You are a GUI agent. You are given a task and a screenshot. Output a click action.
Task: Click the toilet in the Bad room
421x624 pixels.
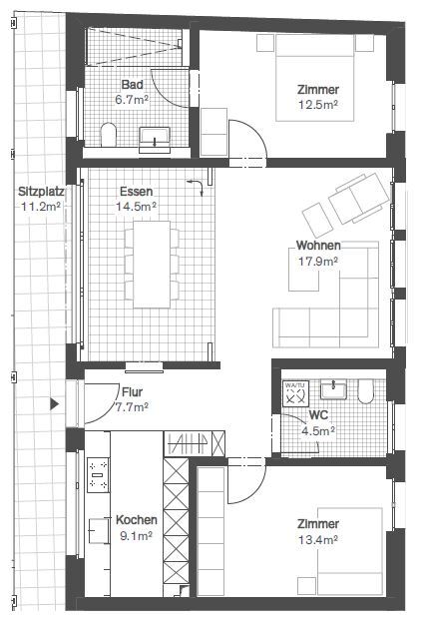tap(108, 135)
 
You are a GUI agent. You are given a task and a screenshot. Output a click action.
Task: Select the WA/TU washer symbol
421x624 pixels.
tap(295, 394)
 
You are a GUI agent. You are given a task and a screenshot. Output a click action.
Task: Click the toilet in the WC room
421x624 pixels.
tap(366, 390)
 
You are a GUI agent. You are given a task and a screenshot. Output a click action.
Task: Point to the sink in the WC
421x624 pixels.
tap(333, 389)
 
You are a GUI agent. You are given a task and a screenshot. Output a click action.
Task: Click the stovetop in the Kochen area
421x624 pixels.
tap(98, 475)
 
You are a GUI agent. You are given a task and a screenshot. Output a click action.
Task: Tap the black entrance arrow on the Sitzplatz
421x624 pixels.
tap(55, 404)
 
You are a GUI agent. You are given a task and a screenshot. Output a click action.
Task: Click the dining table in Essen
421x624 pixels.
tap(152, 265)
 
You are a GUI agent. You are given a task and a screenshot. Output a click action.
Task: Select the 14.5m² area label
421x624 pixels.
tap(136, 207)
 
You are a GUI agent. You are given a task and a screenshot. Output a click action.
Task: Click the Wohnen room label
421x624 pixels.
tap(318, 246)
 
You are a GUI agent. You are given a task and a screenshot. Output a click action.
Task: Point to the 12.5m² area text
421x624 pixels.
tap(318, 105)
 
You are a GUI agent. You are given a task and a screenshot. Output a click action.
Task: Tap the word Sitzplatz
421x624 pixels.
tap(41, 192)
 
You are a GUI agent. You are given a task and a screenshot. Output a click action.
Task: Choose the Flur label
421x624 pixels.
tap(132, 392)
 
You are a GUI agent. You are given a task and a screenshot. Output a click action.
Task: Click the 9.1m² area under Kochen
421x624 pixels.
tap(136, 536)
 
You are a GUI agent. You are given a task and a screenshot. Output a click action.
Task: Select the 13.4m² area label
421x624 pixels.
tap(318, 540)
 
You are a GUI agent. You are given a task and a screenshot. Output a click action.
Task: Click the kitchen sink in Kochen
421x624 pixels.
tap(98, 531)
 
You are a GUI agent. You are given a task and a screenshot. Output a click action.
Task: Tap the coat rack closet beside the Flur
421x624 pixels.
tap(195, 443)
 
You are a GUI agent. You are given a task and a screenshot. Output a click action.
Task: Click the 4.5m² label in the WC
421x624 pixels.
tap(318, 431)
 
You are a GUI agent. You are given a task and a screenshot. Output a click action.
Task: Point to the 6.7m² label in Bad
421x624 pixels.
tap(132, 100)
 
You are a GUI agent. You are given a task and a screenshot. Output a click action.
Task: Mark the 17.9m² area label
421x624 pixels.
tap(318, 262)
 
